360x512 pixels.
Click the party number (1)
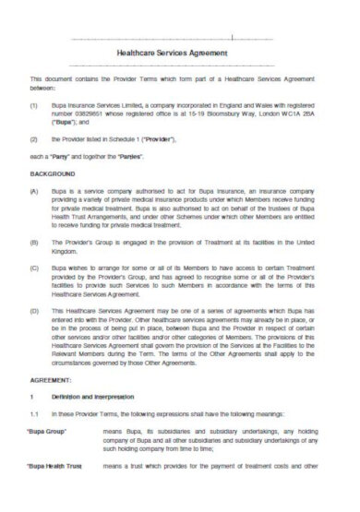(34, 105)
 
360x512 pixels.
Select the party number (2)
(34, 139)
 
